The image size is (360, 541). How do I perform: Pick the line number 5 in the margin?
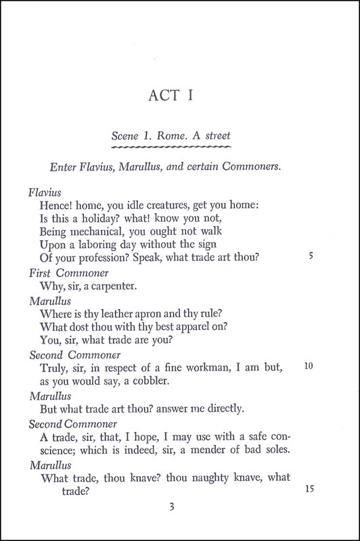pos(310,257)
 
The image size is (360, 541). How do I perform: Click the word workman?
pos(217,367)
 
